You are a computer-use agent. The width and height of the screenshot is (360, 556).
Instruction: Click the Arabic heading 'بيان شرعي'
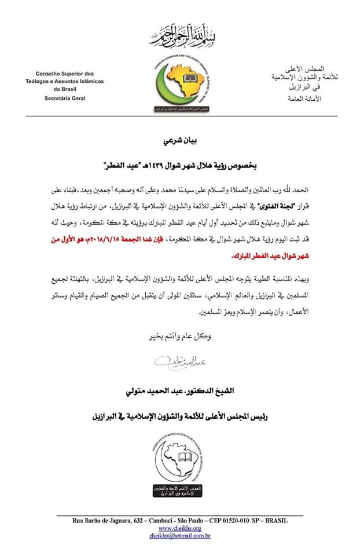179,141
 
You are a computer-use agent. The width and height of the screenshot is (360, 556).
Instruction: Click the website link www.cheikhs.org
179,528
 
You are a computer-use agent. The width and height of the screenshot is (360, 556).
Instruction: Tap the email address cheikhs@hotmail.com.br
179,536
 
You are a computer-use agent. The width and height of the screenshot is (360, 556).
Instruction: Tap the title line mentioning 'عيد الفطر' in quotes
179,165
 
